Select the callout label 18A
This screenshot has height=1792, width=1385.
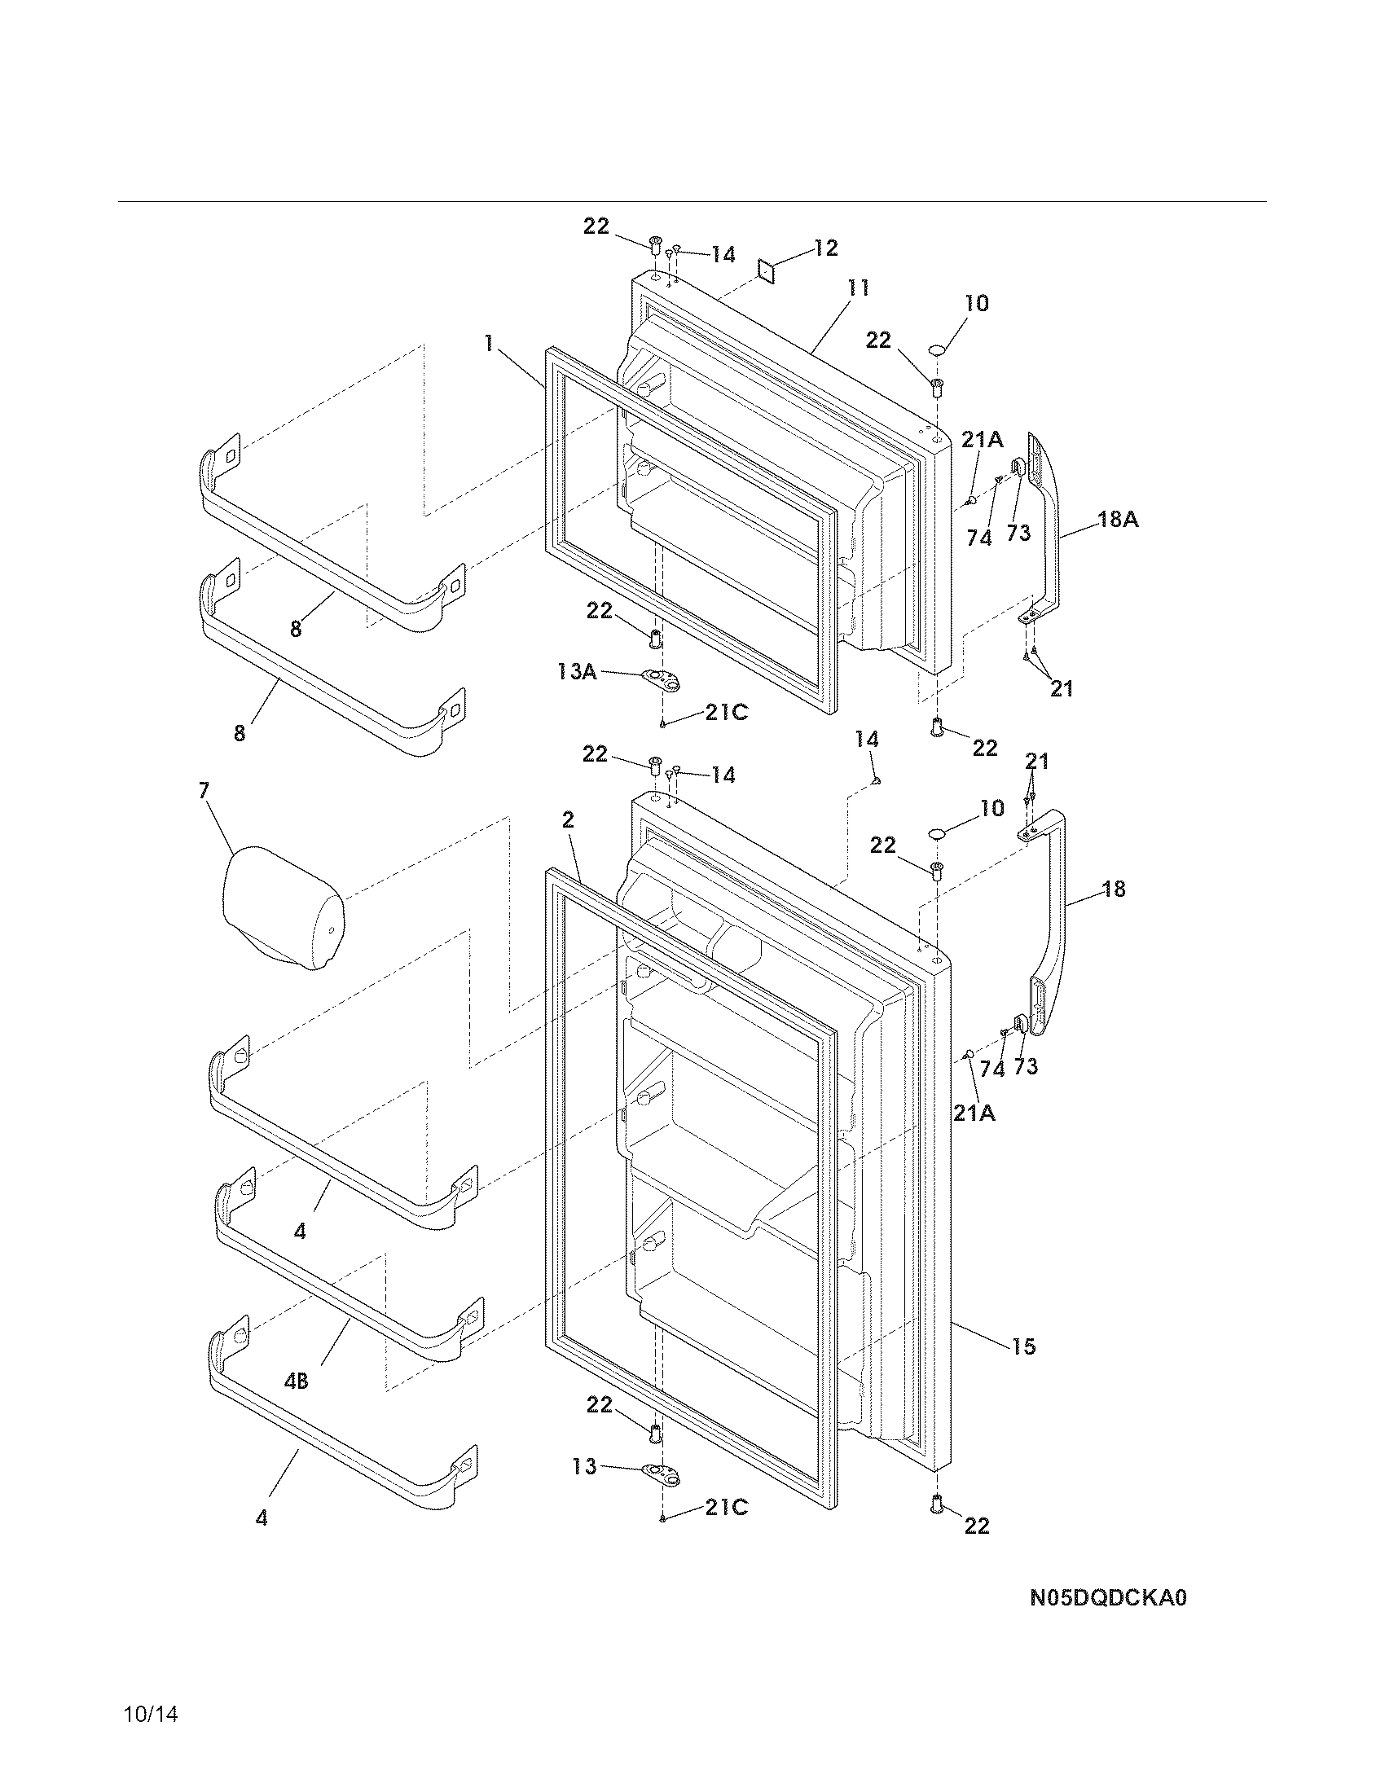click(1118, 520)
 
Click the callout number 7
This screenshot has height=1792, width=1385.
click(204, 790)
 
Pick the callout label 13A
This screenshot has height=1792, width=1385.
click(577, 672)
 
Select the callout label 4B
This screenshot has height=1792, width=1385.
click(297, 1381)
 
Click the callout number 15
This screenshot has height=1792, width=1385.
click(1024, 1346)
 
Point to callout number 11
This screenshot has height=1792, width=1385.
click(858, 289)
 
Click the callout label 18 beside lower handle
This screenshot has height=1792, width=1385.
click(1114, 889)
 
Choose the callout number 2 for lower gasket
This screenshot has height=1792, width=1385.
click(568, 819)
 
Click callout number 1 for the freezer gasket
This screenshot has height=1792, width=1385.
click(489, 343)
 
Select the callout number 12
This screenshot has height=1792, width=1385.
click(825, 248)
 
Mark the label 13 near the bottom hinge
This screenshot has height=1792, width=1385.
click(585, 1466)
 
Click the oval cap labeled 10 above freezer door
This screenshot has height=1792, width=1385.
click(938, 350)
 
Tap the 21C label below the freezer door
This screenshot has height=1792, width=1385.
click(726, 713)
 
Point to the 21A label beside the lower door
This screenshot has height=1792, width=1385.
click(974, 1113)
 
